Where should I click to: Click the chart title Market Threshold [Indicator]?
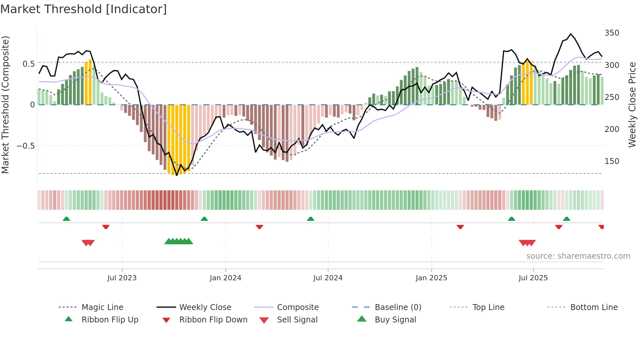tap(84, 9)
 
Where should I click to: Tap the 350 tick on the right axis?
tap(612, 33)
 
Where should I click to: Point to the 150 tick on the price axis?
tap(612, 161)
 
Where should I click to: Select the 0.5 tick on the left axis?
tap(28, 64)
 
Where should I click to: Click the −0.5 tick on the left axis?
tap(26, 146)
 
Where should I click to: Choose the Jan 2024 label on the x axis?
tap(225, 278)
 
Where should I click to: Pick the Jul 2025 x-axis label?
tap(533, 278)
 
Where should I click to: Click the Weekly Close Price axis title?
tap(632, 105)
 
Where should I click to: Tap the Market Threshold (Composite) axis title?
tap(6, 105)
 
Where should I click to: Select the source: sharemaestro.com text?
tap(578, 256)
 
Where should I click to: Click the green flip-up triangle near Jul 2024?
tap(311, 219)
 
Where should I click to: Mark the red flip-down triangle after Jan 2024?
tap(260, 227)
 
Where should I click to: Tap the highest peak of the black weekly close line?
tap(570, 34)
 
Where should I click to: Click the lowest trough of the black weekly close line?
tap(177, 175)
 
